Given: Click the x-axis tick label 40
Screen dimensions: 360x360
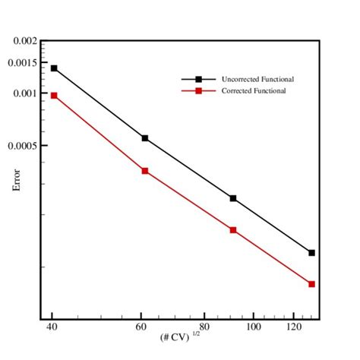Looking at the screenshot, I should (52, 327).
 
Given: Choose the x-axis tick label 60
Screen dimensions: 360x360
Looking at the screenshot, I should (141, 327).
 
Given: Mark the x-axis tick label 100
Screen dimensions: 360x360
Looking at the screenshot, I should (253, 327).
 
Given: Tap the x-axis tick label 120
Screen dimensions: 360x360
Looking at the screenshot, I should (293, 327).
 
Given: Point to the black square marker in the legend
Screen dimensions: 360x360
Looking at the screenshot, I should (198, 79).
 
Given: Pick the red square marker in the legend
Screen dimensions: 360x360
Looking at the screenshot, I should (198, 91).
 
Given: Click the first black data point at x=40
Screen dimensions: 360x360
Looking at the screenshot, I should (53, 68).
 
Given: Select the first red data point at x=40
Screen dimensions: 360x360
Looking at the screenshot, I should (53, 96).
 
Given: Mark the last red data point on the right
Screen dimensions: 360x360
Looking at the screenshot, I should (311, 284).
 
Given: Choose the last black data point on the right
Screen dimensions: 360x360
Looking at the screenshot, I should (311, 252).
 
